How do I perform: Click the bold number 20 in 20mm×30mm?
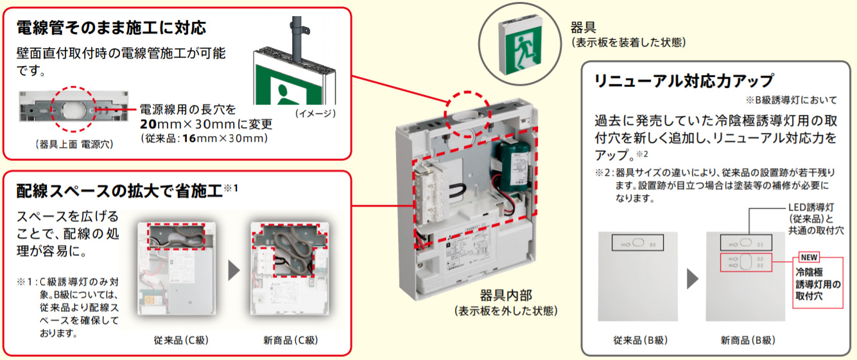(x=149, y=124)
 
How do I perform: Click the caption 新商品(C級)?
(x=290, y=339)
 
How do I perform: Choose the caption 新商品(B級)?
(x=747, y=339)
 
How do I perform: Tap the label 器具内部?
(x=505, y=296)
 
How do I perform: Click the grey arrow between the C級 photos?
(x=234, y=270)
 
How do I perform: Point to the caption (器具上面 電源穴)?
(x=74, y=145)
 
